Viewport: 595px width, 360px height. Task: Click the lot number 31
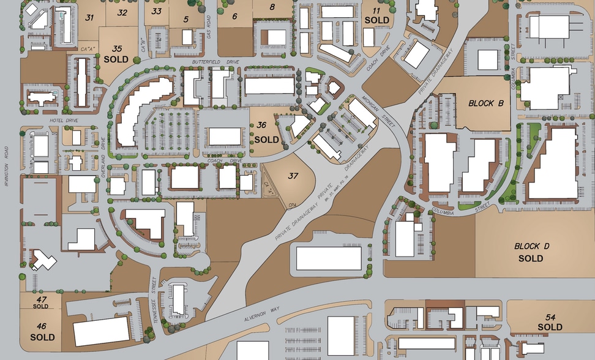[x=89, y=17]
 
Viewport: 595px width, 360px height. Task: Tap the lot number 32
[x=122, y=12]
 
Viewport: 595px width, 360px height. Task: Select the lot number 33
[x=157, y=11]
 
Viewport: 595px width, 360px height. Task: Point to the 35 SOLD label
[x=116, y=54]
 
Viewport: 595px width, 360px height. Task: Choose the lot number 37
[x=293, y=176]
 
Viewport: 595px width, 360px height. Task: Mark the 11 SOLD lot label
[x=376, y=16]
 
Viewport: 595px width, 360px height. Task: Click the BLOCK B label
[x=485, y=103]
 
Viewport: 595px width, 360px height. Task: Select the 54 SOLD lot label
[x=550, y=321]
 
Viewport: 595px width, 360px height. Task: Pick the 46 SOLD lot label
[x=42, y=331]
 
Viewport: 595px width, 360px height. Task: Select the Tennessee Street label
[x=154, y=290]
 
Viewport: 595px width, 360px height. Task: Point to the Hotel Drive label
[x=62, y=121]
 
